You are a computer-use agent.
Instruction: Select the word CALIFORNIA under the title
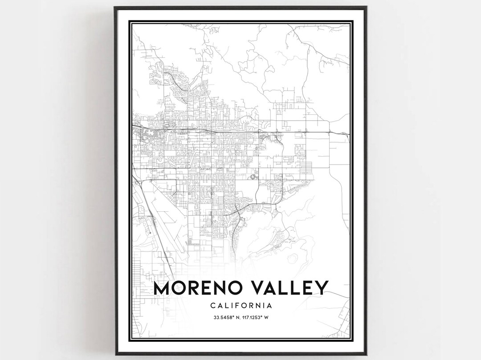tap(240, 306)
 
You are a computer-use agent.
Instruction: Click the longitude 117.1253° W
tap(256, 317)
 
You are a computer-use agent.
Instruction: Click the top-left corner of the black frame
tap(114, 7)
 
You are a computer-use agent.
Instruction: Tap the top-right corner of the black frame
tap(366, 7)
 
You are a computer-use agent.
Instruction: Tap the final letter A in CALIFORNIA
tap(270, 306)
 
